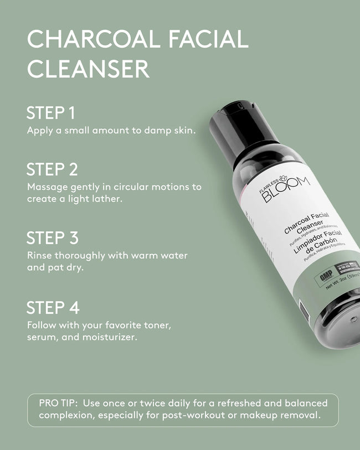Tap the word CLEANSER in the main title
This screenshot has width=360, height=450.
(x=89, y=69)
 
